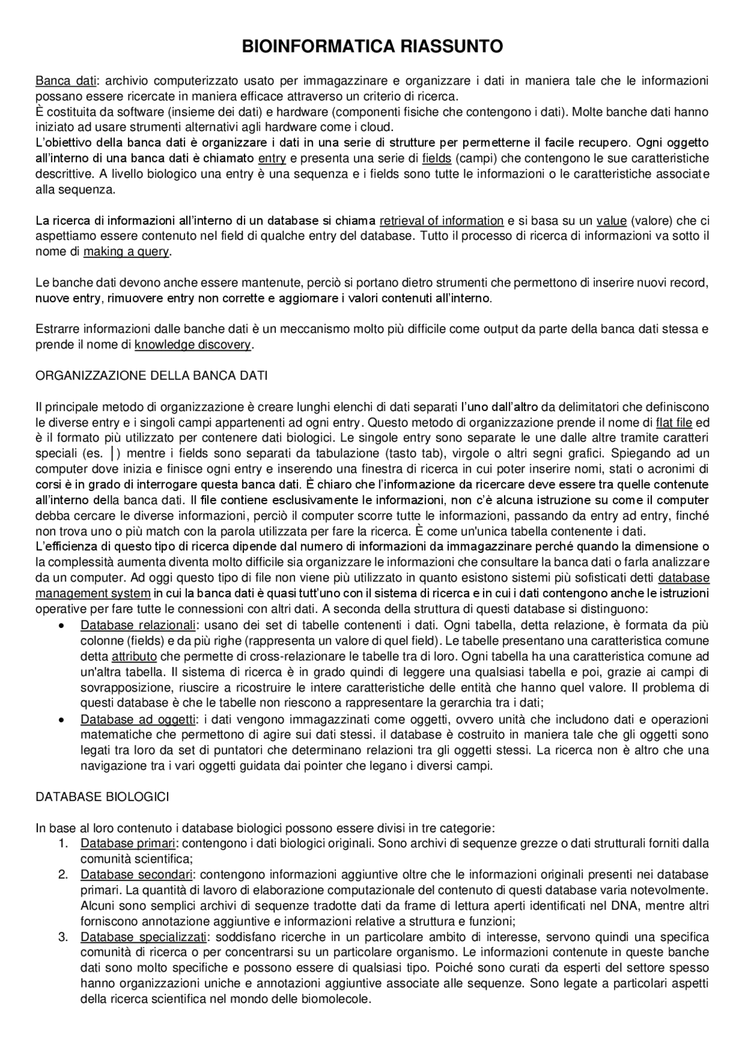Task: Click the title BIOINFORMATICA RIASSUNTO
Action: tap(372, 47)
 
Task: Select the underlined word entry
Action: tap(272, 158)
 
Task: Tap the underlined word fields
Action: tap(437, 158)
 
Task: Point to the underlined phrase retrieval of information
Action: tap(441, 221)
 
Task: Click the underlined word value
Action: tap(611, 221)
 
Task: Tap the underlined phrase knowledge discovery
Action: tap(192, 345)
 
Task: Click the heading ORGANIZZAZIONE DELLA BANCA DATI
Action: tap(151, 375)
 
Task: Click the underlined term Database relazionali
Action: tap(137, 626)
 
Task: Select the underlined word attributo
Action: tap(134, 656)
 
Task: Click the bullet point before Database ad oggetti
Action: tap(62, 720)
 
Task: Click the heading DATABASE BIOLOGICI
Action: tap(102, 797)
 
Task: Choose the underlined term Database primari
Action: tap(127, 843)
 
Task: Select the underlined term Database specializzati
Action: tap(143, 937)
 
